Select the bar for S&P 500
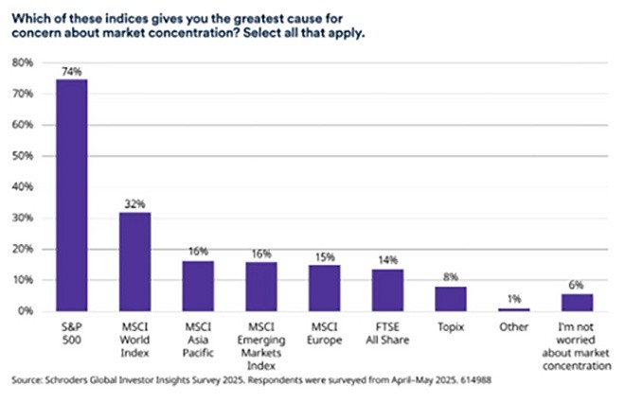[71, 195]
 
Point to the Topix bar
[451, 299]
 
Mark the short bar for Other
[514, 308]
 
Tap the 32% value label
[134, 202]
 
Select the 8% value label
[451, 276]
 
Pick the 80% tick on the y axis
[22, 62]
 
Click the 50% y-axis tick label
[22, 156]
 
